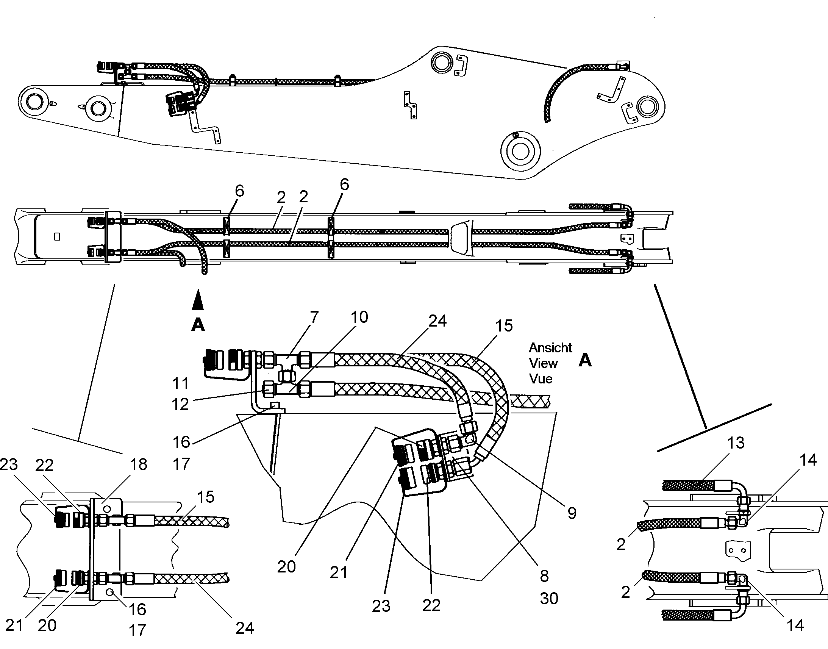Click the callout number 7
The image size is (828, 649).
click(x=314, y=317)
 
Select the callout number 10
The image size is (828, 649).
click(x=359, y=317)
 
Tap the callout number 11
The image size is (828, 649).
click(x=180, y=383)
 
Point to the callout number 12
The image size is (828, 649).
click(x=180, y=404)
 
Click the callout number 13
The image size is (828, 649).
click(x=736, y=443)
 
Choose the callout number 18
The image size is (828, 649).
click(x=138, y=464)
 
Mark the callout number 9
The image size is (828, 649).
click(x=572, y=513)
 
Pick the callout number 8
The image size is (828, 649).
click(x=544, y=576)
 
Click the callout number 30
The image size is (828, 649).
click(x=549, y=599)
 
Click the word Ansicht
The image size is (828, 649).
click(x=550, y=348)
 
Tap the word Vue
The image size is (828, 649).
click(x=541, y=378)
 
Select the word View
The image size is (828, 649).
click(x=543, y=363)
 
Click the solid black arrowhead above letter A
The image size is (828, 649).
click(x=198, y=299)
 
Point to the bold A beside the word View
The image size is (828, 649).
click(x=585, y=360)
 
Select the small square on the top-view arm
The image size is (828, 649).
click(x=57, y=237)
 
